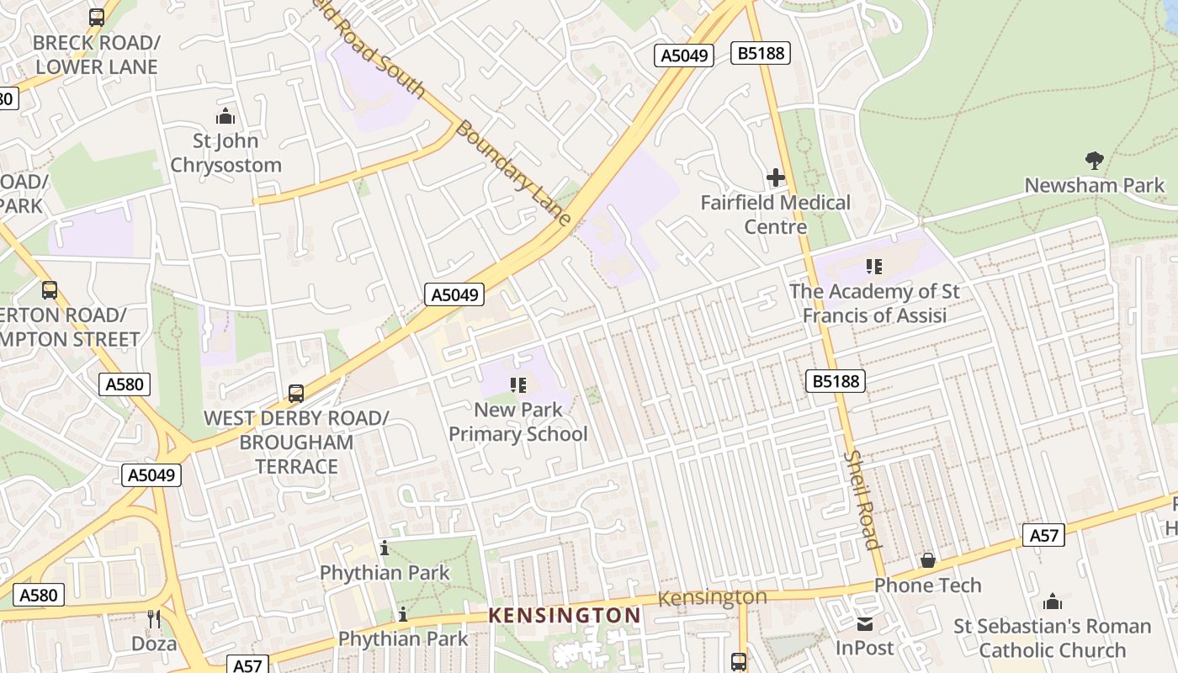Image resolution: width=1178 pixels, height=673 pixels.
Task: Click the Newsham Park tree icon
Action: [1094, 160]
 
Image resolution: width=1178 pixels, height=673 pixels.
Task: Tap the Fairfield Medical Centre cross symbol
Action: [775, 178]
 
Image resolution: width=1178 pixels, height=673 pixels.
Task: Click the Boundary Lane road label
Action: [512, 173]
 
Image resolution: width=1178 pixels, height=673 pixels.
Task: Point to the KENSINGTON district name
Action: [565, 616]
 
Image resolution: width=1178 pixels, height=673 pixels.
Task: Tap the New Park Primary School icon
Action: [518, 385]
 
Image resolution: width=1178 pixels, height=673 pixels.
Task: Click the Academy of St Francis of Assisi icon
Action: [874, 267]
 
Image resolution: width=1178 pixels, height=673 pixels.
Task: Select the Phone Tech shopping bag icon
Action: [928, 560]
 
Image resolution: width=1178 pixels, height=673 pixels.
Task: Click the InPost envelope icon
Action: [864, 624]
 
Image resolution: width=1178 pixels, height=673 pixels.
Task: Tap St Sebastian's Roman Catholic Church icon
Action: [1052, 601]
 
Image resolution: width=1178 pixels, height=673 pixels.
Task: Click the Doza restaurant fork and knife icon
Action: [154, 619]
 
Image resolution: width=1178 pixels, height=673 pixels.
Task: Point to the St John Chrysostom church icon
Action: [226, 116]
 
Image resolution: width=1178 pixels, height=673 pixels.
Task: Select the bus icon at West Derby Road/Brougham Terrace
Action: [296, 393]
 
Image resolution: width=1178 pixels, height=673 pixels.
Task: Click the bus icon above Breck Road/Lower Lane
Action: [97, 17]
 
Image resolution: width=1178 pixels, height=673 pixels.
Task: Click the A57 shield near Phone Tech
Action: [1043, 535]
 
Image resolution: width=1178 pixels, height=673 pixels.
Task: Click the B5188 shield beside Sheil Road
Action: [836, 381]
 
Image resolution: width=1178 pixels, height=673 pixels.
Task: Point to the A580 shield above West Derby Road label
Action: [125, 384]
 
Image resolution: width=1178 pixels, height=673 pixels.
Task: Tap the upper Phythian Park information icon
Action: [385, 548]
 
